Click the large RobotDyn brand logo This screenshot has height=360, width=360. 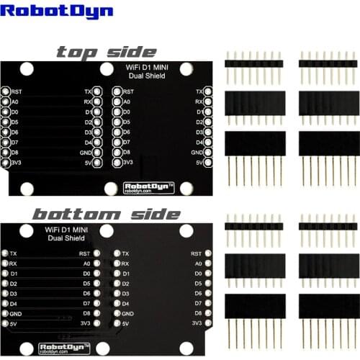pyautogui.click(x=45, y=12)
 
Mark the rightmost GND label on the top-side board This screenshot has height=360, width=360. pyautogui.click(x=197, y=153)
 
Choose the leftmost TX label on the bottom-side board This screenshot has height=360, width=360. pyautogui.click(x=14, y=254)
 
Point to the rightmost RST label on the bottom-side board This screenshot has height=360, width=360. pyautogui.click(x=195, y=254)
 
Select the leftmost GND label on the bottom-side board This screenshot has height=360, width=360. pyautogui.click(x=17, y=314)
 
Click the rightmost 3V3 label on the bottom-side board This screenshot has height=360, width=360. pyautogui.click(x=196, y=324)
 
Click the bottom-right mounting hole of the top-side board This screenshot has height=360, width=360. pyautogui.click(x=185, y=189)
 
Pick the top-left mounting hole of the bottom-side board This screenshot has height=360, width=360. pyautogui.click(x=27, y=231)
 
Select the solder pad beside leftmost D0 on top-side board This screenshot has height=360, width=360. pyautogui.click(x=6, y=112)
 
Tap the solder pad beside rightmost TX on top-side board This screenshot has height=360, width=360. pyautogui.click(x=208, y=92)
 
